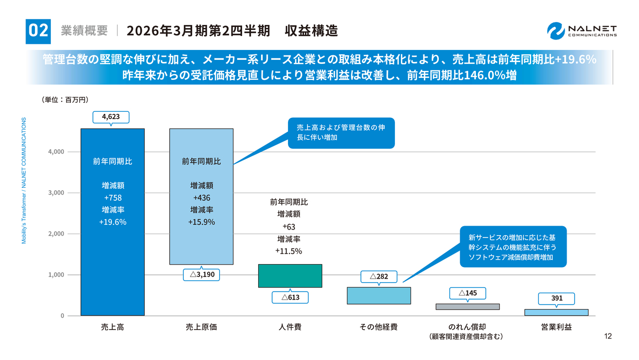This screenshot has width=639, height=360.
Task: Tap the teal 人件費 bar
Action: [290, 276]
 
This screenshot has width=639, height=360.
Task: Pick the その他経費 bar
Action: [378, 296]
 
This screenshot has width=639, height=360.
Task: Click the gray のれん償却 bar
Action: [467, 307]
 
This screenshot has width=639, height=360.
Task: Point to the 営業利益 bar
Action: [556, 313]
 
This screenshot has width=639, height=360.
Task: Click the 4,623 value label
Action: [111, 117]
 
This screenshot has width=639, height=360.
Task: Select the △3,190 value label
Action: [202, 275]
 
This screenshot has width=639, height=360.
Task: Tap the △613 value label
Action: [290, 297]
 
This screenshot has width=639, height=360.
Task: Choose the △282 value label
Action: [378, 276]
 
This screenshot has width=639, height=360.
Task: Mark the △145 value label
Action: [467, 293]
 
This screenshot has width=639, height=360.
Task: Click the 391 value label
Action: [557, 298]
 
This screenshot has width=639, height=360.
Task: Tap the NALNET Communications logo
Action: [582, 30]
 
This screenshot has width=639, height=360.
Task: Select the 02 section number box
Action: [38, 30]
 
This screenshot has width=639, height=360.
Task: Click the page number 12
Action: [608, 336]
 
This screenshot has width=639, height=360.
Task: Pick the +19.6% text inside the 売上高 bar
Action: [112, 222]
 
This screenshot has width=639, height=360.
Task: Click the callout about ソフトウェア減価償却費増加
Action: [513, 247]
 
